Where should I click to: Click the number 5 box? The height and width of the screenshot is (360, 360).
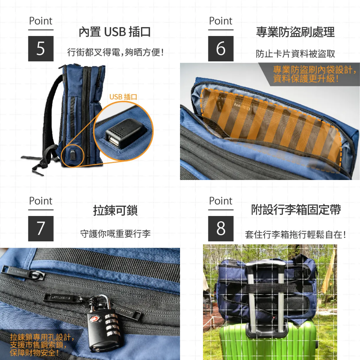(x=41, y=49)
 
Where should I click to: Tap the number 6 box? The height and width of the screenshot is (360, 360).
(x=221, y=49)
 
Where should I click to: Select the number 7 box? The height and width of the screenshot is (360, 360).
(x=41, y=229)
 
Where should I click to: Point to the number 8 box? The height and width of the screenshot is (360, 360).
(x=221, y=229)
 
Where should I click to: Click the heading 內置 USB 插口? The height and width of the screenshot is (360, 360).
(x=115, y=32)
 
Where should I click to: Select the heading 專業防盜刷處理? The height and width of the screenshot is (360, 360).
(x=295, y=32)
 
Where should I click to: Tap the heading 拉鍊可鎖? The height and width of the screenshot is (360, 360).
(x=115, y=211)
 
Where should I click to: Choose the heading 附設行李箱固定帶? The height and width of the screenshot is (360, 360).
(x=296, y=210)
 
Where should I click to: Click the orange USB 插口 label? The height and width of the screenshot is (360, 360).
(x=123, y=97)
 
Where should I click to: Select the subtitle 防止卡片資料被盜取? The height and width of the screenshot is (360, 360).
(x=295, y=54)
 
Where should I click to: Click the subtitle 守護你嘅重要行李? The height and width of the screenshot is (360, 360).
(x=115, y=234)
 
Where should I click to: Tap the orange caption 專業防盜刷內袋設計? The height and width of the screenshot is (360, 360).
(x=314, y=74)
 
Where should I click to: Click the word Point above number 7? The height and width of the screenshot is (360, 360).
(x=41, y=201)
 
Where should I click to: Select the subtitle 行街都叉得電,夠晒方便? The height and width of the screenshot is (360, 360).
(x=115, y=52)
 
